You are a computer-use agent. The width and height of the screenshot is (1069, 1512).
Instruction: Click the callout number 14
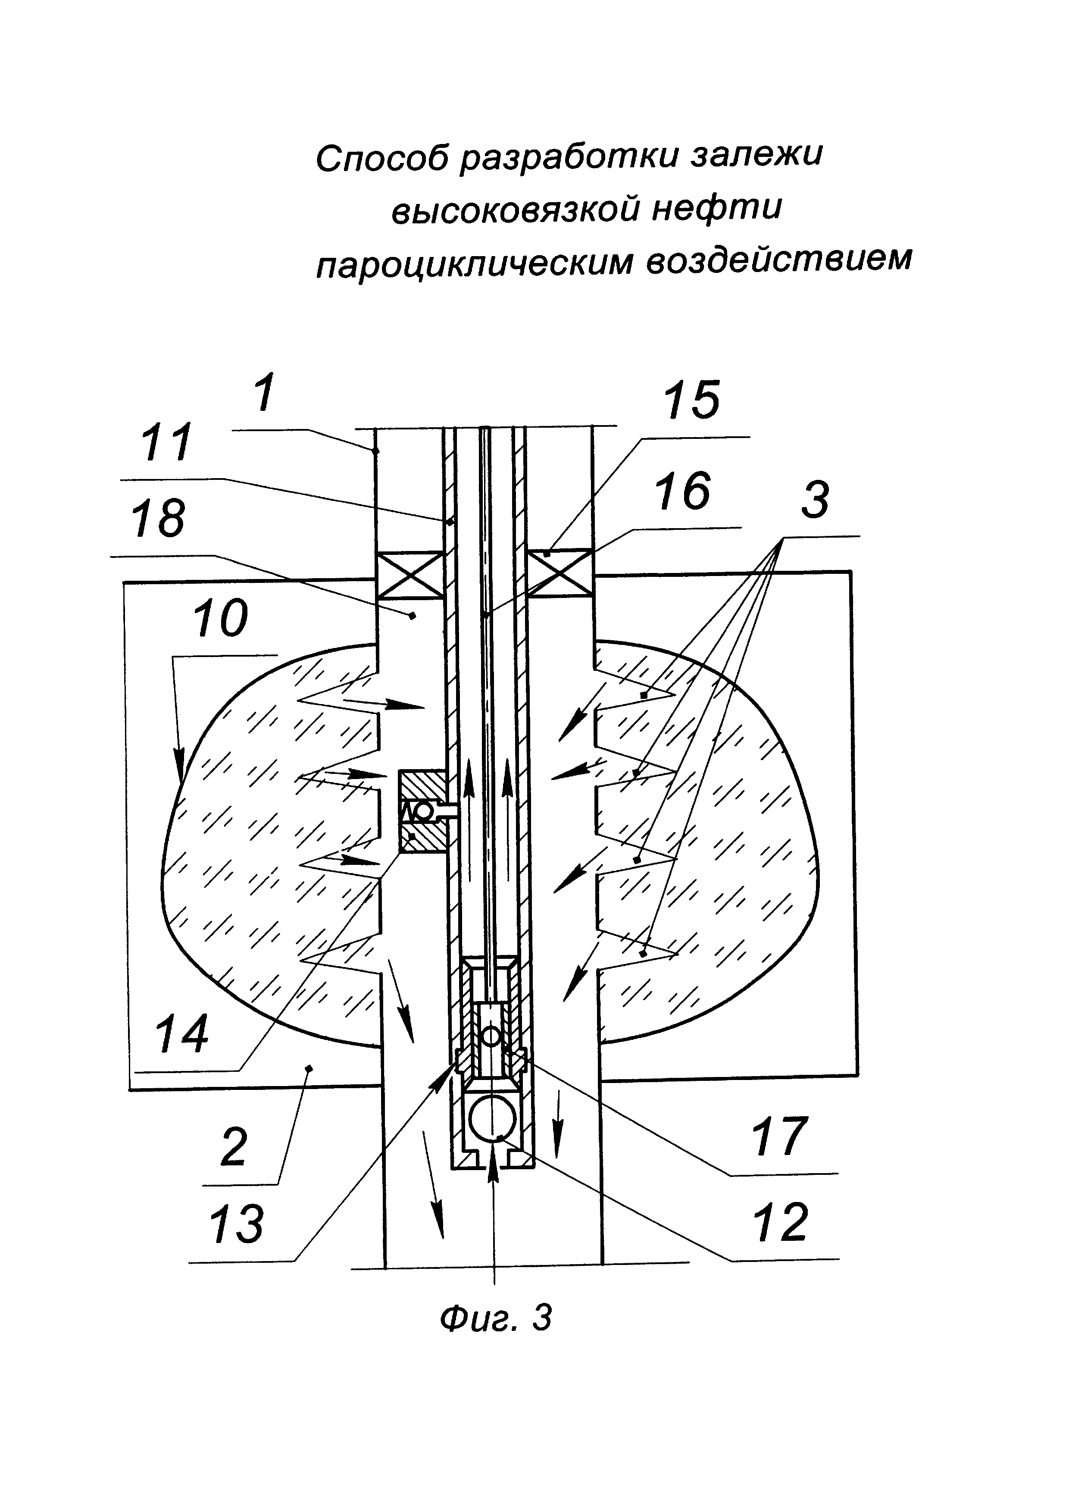click(x=181, y=1035)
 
